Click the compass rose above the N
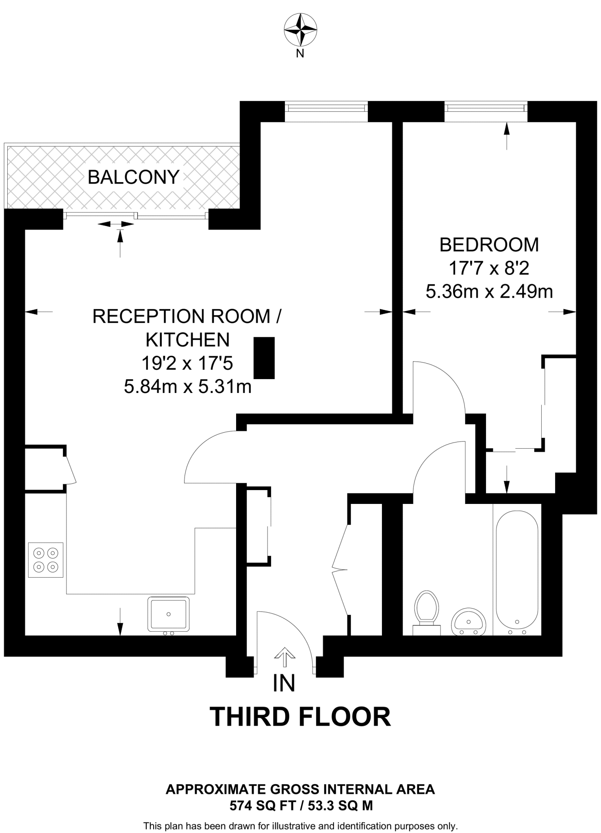click(x=300, y=29)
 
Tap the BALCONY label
click(x=133, y=177)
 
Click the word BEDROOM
click(x=489, y=245)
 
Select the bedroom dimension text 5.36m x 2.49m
click(x=489, y=292)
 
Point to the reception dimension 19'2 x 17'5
click(x=187, y=363)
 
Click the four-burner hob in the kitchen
click(x=46, y=560)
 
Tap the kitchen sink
click(x=168, y=614)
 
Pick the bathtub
click(x=517, y=571)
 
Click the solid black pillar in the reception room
click(x=264, y=358)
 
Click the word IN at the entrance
click(x=284, y=683)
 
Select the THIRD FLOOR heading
click(x=300, y=717)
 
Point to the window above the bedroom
click(x=486, y=108)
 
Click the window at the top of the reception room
click(x=326, y=108)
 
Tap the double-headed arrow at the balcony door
click(x=116, y=224)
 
